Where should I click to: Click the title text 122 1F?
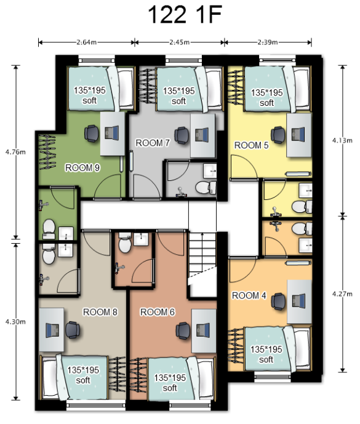[185, 14]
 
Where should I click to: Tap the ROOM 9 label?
[82, 167]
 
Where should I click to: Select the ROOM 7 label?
[153, 143]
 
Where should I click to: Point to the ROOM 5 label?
[251, 145]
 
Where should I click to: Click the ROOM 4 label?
[249, 295]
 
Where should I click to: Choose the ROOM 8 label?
[100, 312]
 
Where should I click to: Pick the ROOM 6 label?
[158, 312]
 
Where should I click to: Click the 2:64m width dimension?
[86, 42]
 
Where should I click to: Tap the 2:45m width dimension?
[180, 42]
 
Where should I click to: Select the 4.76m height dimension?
[15, 152]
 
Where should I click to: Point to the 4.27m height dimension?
[342, 294]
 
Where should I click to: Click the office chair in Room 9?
[92, 134]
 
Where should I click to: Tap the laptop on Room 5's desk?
[298, 134]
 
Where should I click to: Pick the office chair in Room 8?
[73, 330]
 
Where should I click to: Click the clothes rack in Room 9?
[47, 152]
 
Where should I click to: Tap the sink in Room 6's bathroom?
[141, 239]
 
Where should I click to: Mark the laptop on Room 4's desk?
[299, 302]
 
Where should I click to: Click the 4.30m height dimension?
[15, 322]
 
